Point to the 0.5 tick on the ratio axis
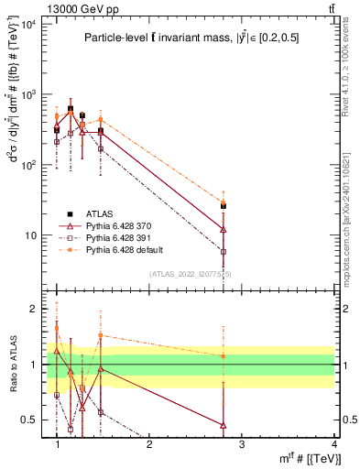click(x=29, y=420)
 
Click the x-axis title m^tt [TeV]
click(x=311, y=458)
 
